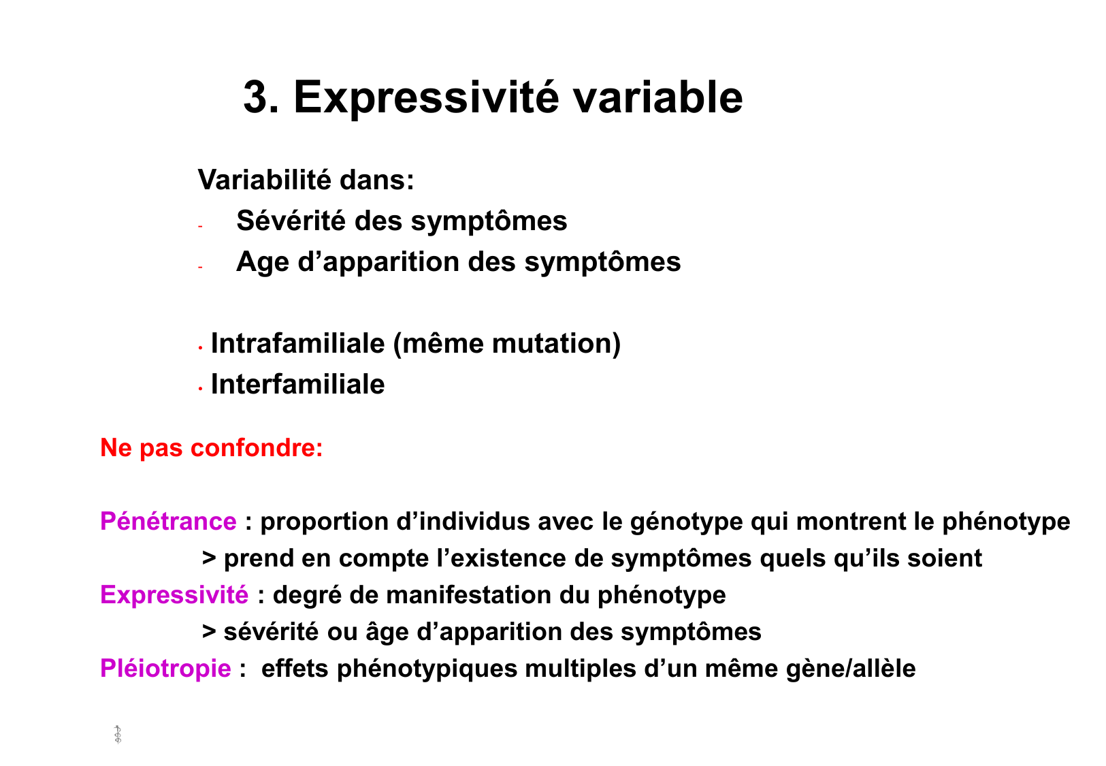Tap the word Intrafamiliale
[x=297, y=343]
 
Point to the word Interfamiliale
[x=297, y=384]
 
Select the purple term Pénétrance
[x=168, y=522]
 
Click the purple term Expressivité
[x=174, y=595]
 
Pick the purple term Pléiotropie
[x=165, y=669]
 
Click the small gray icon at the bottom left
[x=118, y=735]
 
